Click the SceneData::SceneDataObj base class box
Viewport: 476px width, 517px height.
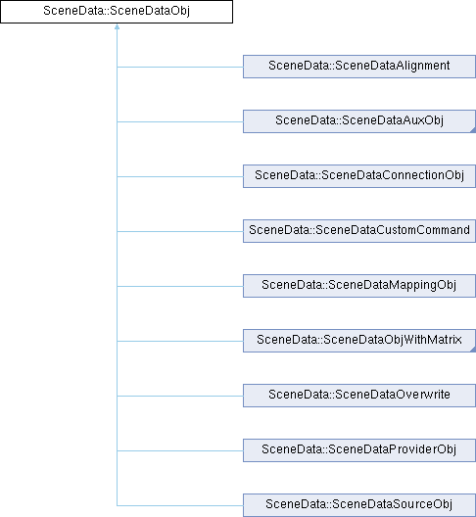pos(117,12)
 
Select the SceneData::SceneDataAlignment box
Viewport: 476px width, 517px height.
pos(359,67)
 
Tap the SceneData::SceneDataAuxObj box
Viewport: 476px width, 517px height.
pos(359,121)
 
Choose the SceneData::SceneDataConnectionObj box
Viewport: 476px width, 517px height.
pos(359,176)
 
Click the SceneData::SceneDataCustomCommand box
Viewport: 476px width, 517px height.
pos(359,231)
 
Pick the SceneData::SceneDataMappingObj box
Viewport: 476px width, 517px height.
pos(359,286)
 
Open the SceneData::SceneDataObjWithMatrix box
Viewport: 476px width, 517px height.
pos(359,341)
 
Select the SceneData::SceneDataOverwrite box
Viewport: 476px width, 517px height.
pos(359,396)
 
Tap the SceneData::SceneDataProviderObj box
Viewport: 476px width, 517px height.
pos(359,450)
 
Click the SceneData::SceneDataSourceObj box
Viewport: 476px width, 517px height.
pos(359,505)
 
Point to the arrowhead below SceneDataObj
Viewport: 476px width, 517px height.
pos(117,26)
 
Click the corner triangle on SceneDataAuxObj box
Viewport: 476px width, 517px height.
pos(473,130)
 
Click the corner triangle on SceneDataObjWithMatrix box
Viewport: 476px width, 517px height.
pos(473,350)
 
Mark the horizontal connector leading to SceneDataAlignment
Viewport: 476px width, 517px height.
pos(180,67)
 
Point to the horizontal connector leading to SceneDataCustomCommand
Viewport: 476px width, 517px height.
pos(180,231)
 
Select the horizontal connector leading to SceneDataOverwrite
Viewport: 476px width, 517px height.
pos(180,396)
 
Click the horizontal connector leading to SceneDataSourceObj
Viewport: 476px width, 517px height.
pos(180,505)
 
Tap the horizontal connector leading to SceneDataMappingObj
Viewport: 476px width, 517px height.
pos(180,286)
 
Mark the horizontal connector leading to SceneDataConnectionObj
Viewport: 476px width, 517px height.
pos(180,176)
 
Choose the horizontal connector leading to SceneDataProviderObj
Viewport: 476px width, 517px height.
pos(180,450)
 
